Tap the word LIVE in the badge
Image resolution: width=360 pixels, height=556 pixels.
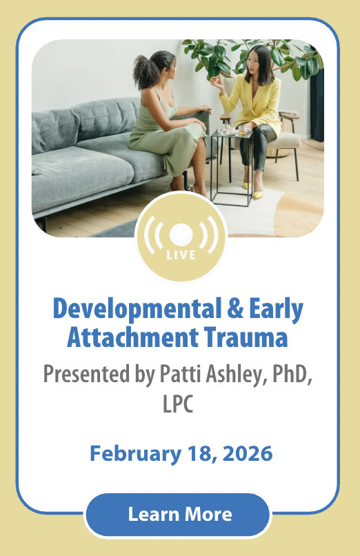click(181, 255)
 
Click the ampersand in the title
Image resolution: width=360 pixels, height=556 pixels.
click(235, 308)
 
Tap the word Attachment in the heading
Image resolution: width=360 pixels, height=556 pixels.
click(132, 337)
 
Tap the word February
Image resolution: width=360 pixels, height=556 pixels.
click(135, 454)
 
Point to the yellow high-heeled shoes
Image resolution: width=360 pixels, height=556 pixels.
click(253, 190)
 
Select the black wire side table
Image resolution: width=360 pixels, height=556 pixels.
click(232, 167)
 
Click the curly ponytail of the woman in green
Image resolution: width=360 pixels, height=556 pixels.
click(146, 72)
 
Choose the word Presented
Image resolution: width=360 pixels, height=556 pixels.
click(86, 374)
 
